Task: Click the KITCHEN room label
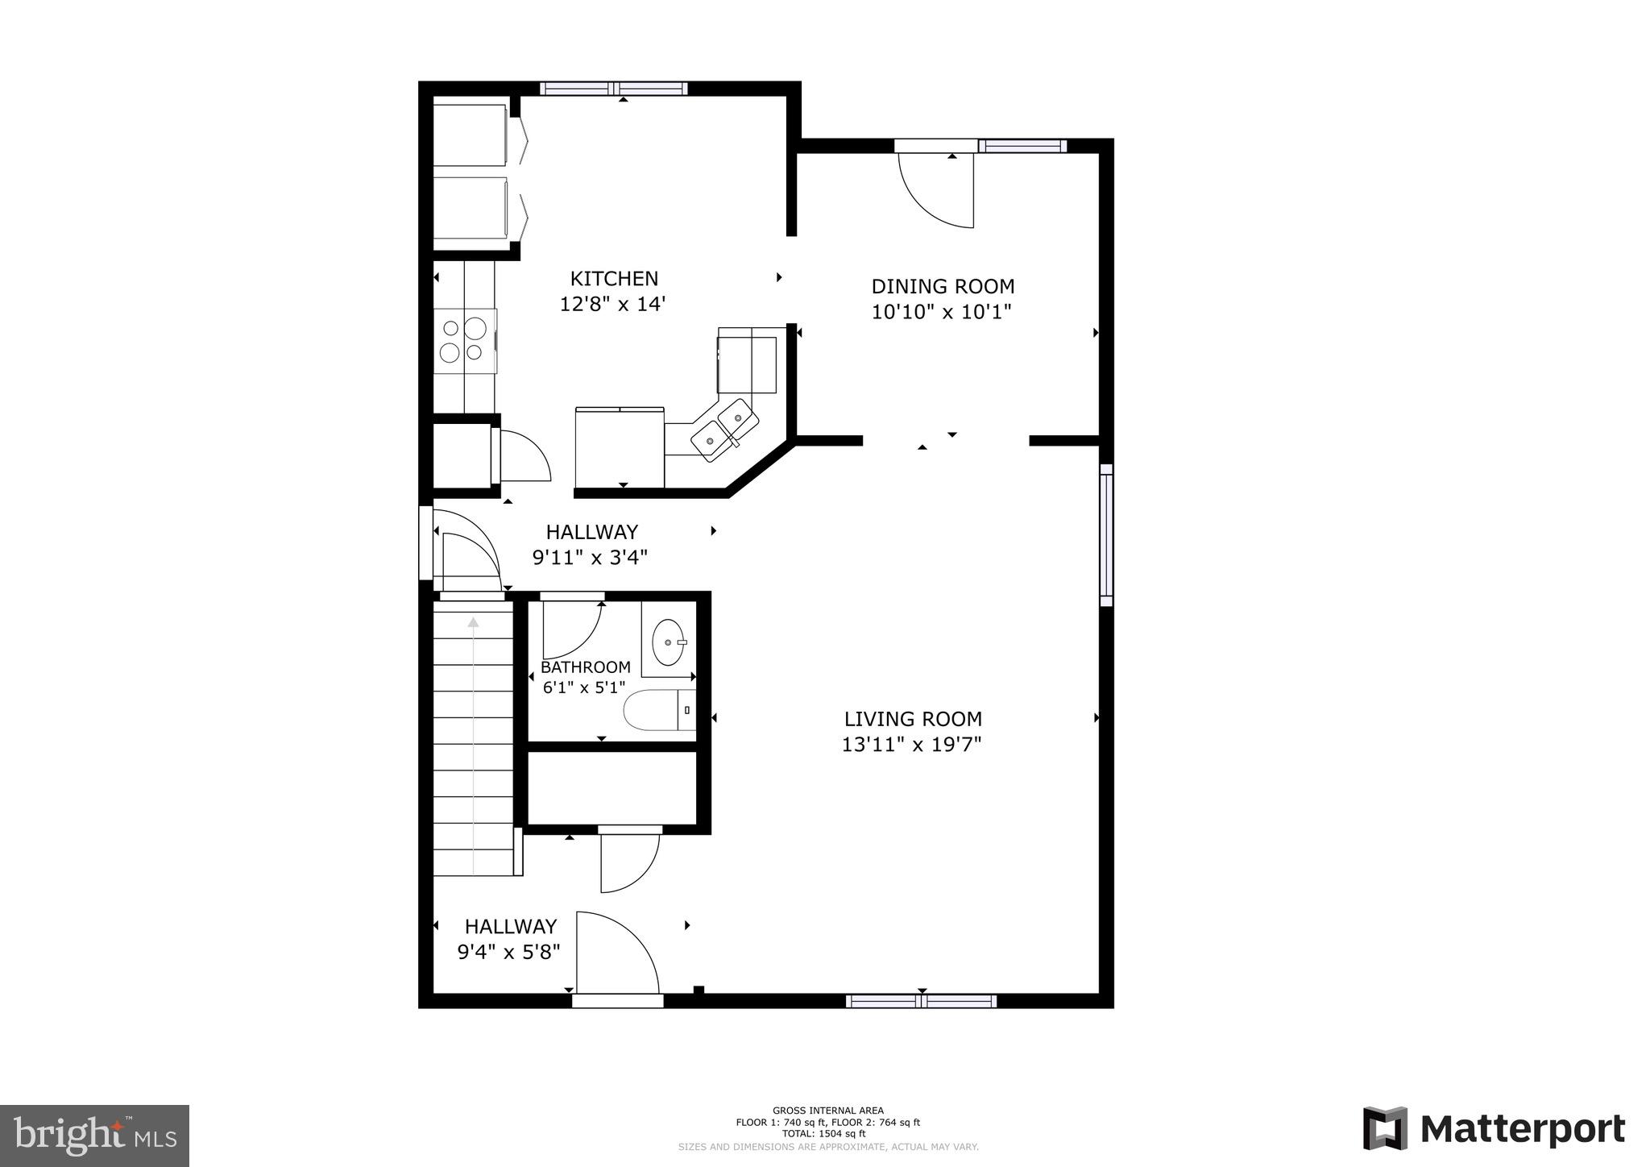click(614, 279)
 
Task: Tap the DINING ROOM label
click(943, 286)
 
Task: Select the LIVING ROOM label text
click(913, 719)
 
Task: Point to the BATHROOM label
click(585, 667)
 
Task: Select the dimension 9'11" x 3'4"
click(590, 557)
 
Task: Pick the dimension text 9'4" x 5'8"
click(508, 952)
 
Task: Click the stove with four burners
click(465, 340)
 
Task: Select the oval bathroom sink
click(669, 642)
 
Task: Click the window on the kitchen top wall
click(613, 89)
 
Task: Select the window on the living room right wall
click(1106, 534)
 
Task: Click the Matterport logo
click(1493, 1128)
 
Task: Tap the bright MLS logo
click(94, 1136)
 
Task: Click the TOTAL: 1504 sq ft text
click(828, 1133)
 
